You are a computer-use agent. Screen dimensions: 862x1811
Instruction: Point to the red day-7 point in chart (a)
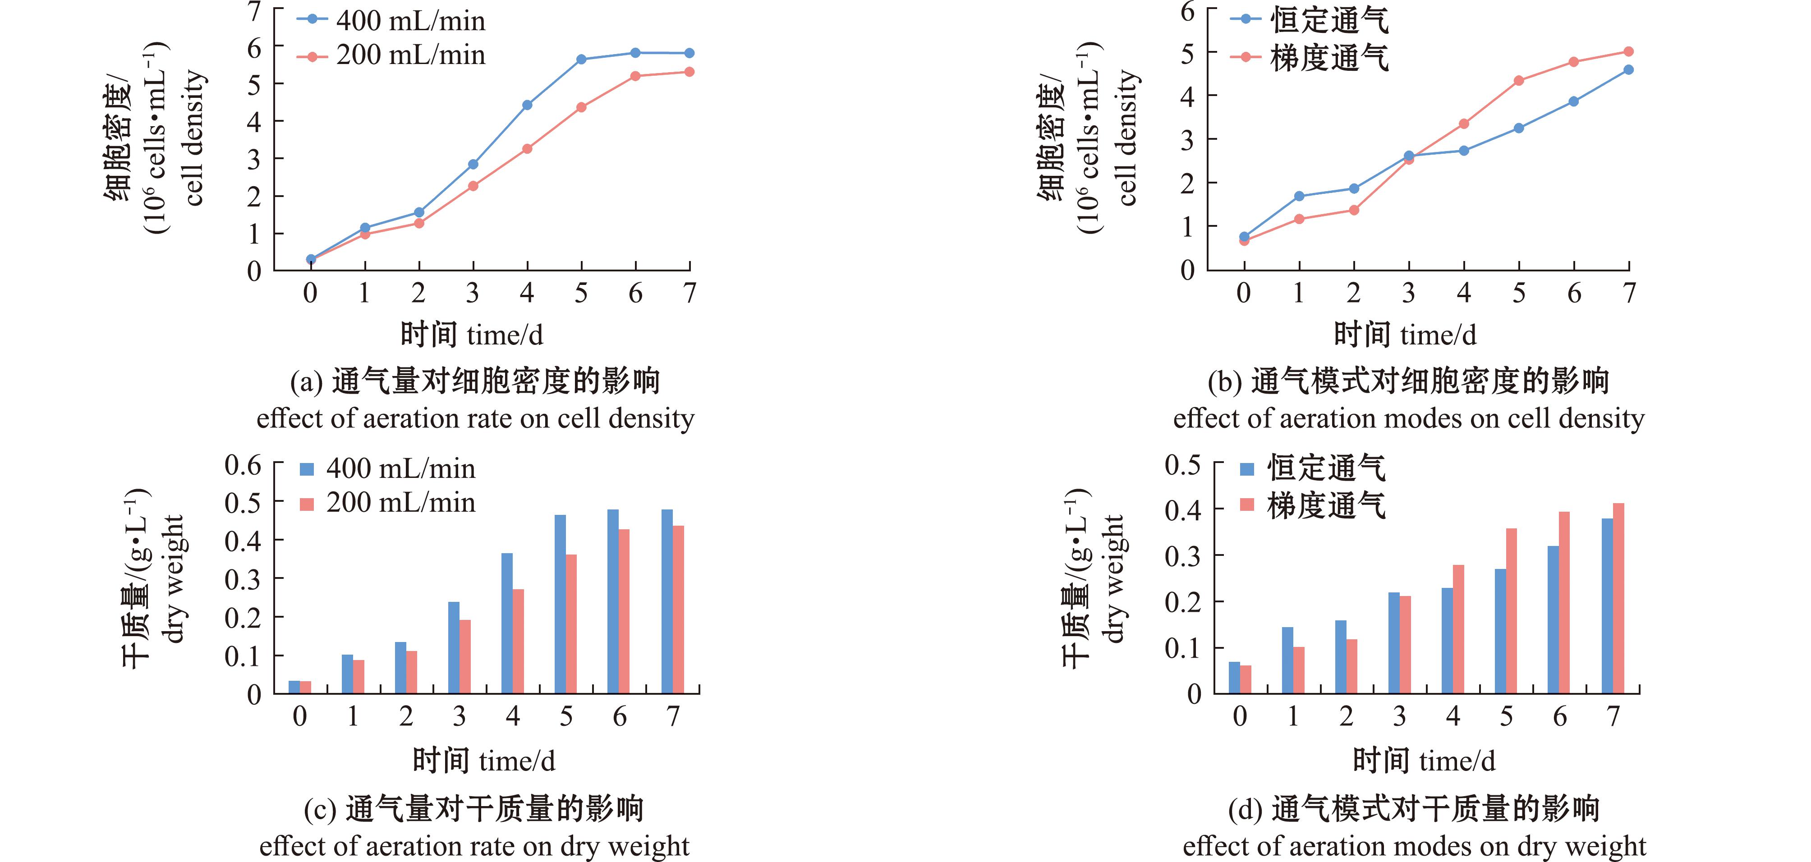click(689, 72)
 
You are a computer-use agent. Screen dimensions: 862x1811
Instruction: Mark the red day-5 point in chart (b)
click(1518, 81)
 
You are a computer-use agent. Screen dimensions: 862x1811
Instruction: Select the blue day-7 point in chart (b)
click(1628, 69)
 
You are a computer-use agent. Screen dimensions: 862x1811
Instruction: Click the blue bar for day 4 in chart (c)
click(507, 623)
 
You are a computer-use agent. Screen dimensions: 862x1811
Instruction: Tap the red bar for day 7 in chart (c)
click(678, 609)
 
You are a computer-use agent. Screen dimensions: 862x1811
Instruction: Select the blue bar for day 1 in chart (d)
click(1287, 660)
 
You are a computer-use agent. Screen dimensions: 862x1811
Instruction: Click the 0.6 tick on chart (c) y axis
click(243, 465)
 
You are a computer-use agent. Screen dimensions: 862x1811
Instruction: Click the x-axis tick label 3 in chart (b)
click(1408, 293)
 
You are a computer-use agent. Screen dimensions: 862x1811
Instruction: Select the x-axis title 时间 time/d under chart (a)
click(472, 335)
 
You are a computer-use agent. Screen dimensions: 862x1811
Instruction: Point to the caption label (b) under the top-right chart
click(1225, 382)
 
